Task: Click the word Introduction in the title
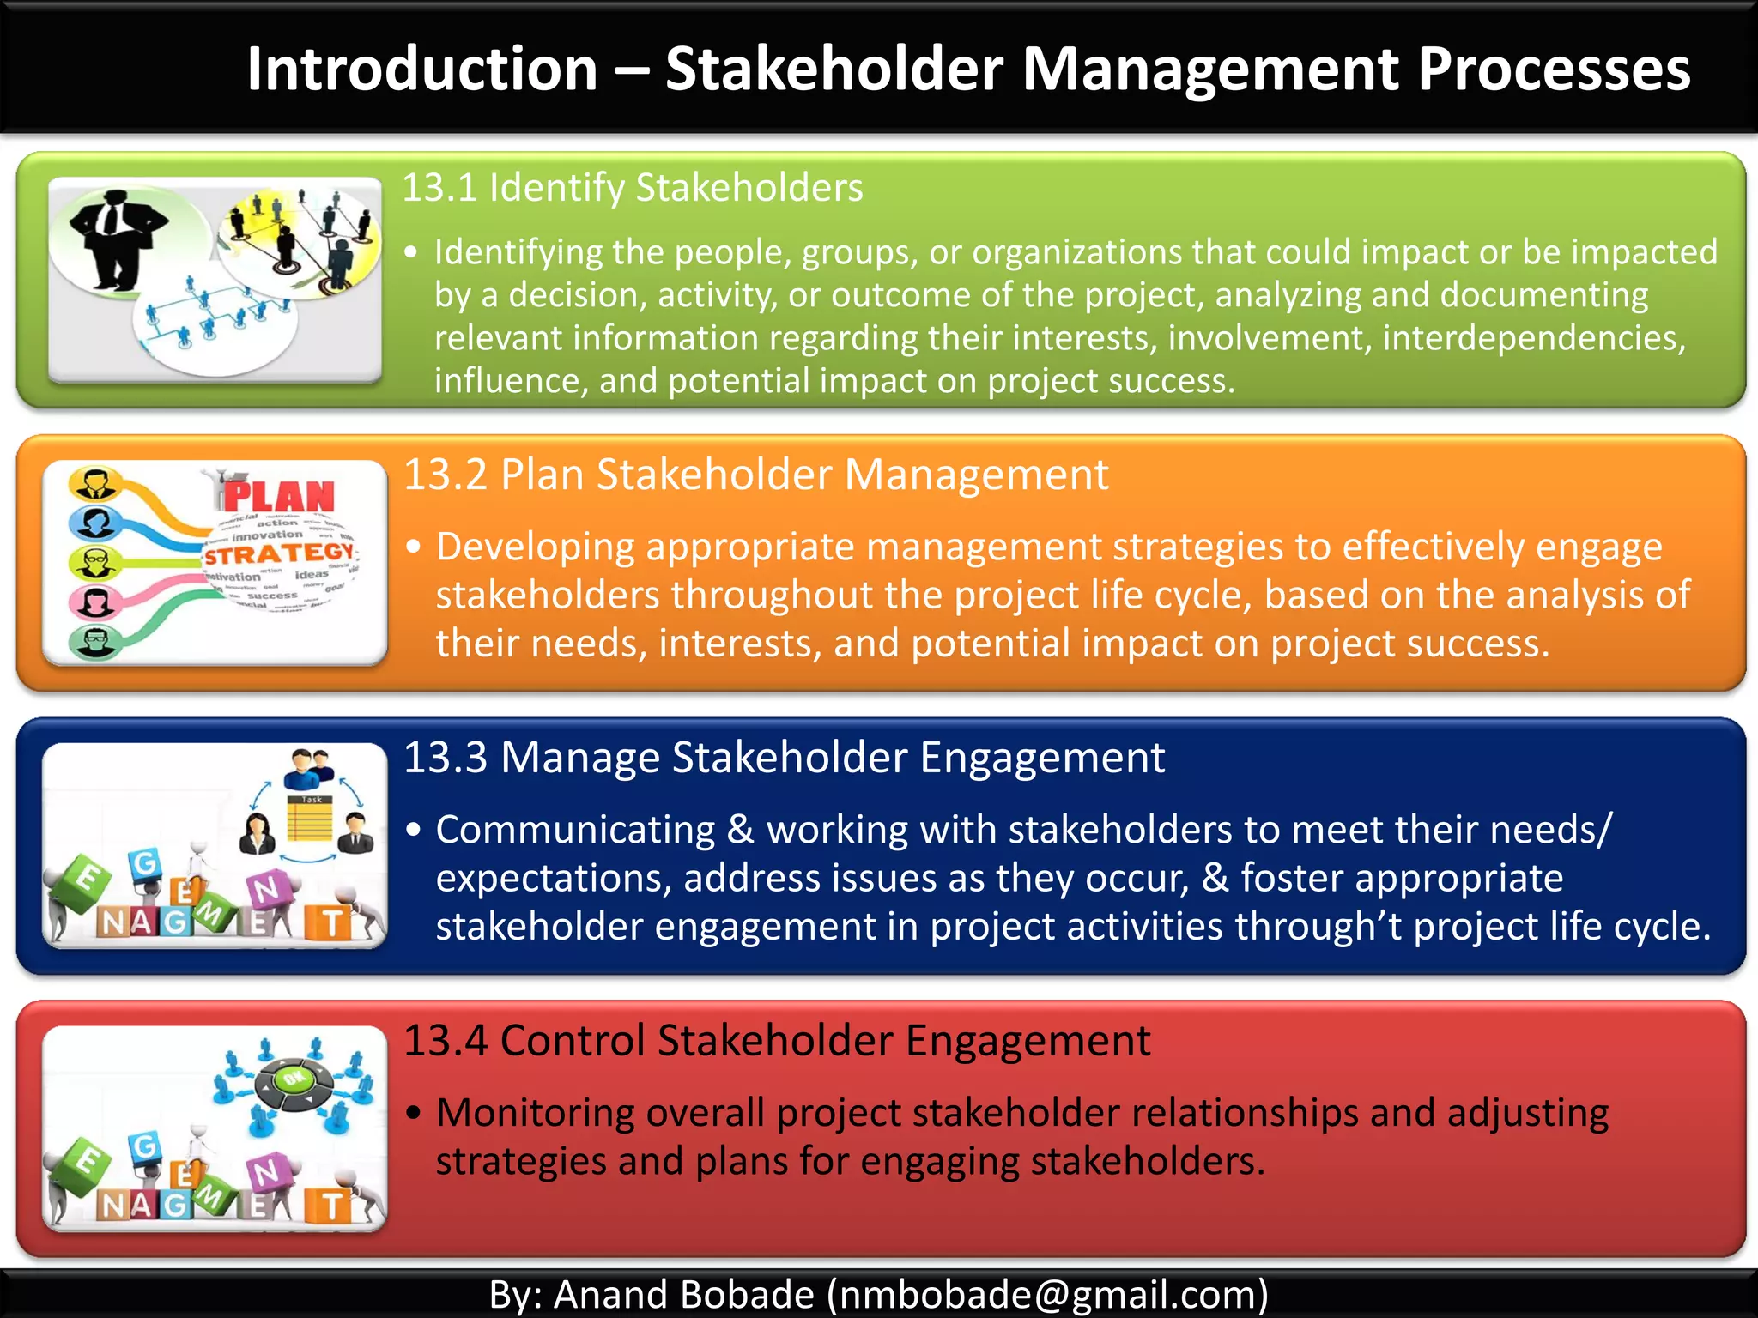click(x=421, y=69)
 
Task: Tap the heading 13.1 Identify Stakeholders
click(x=633, y=188)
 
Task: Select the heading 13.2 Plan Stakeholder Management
click(x=755, y=475)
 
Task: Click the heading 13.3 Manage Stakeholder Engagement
click(x=784, y=758)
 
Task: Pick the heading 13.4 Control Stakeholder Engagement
click(x=776, y=1041)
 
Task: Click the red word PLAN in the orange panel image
click(x=279, y=496)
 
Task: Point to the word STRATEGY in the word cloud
click(x=279, y=553)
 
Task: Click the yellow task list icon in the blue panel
click(x=310, y=819)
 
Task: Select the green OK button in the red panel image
click(x=294, y=1079)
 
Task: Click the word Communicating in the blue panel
click(x=575, y=830)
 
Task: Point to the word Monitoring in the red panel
click(x=536, y=1113)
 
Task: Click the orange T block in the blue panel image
click(x=332, y=923)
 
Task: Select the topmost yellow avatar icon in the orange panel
click(x=94, y=484)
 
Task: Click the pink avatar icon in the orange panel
click(x=93, y=602)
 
